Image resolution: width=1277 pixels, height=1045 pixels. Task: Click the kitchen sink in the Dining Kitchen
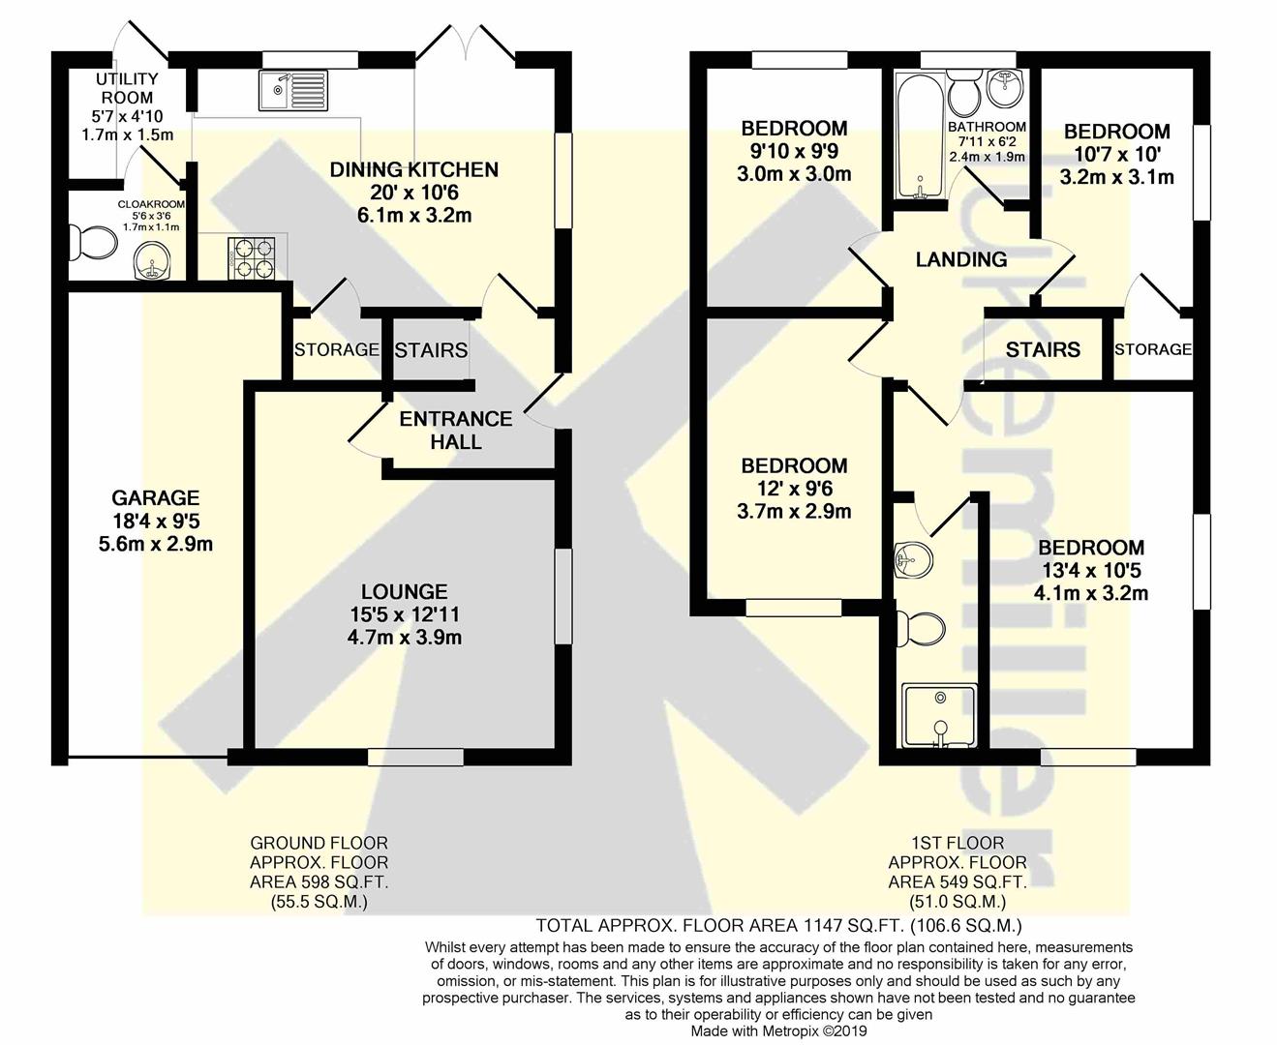tap(293, 90)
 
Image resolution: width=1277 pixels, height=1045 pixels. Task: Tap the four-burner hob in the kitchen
tap(251, 258)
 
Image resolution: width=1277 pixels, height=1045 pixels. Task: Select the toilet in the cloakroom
tap(91, 243)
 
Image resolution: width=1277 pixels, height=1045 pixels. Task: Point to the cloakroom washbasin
tap(151, 262)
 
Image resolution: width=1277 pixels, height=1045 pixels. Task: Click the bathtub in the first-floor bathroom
tap(920, 135)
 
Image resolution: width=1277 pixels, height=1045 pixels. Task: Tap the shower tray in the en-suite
tap(939, 716)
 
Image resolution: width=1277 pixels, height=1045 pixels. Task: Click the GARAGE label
tap(156, 498)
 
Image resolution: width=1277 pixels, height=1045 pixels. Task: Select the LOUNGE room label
tap(405, 591)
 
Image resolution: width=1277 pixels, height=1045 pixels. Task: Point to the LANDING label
tap(961, 259)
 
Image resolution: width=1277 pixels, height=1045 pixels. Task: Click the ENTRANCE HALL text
tap(456, 431)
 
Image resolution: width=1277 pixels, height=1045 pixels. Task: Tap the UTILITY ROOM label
tap(127, 88)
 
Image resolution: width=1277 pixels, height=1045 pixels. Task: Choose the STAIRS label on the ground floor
tap(431, 350)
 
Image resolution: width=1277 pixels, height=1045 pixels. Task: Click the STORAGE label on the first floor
tap(1153, 349)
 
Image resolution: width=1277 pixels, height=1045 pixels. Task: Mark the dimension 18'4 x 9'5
tap(156, 521)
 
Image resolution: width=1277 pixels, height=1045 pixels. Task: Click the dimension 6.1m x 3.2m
tap(414, 215)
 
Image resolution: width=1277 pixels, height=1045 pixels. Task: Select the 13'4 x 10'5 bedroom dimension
tap(1090, 571)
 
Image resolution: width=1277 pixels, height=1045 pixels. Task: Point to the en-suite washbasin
tap(913, 559)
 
